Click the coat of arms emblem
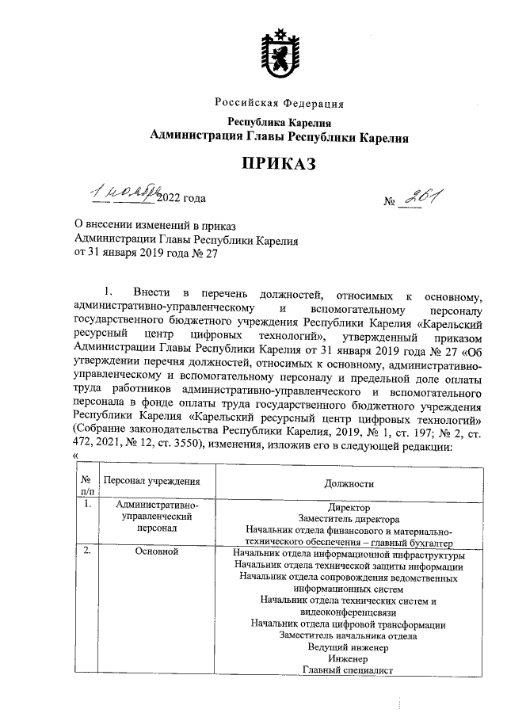(279, 56)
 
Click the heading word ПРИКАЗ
(279, 164)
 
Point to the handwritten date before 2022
(125, 193)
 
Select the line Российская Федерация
(279, 103)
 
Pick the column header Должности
(349, 483)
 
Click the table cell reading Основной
(155, 551)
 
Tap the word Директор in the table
(349, 507)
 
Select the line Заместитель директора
(349, 519)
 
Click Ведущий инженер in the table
(348, 646)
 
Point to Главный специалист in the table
(348, 670)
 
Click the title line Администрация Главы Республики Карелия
(279, 137)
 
